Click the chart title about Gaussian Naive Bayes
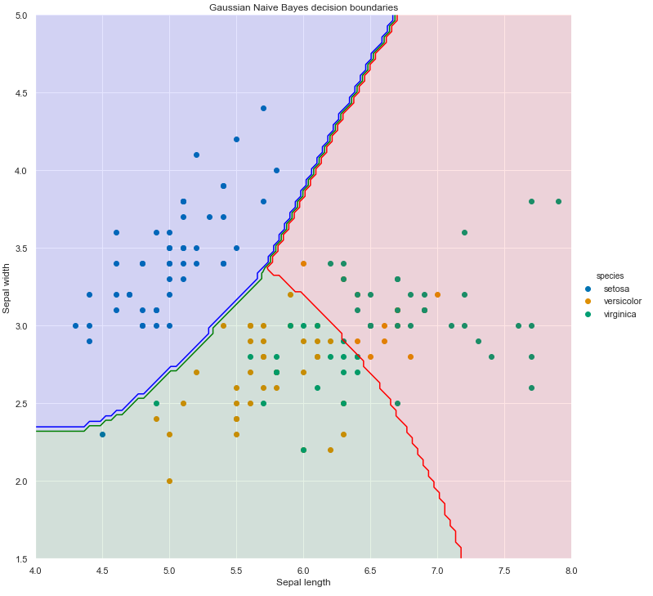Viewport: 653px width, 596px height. (x=303, y=7)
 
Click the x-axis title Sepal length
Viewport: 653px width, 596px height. (x=303, y=582)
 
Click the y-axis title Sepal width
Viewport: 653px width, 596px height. (x=7, y=288)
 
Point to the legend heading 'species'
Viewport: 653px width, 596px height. (x=611, y=276)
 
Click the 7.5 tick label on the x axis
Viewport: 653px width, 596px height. (x=504, y=570)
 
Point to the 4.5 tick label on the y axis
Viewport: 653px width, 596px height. (x=22, y=93)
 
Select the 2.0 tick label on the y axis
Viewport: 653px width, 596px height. (x=22, y=482)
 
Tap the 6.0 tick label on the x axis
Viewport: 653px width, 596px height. (x=303, y=570)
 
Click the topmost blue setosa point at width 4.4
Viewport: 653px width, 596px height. (x=263, y=108)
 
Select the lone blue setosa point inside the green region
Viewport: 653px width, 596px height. (x=102, y=434)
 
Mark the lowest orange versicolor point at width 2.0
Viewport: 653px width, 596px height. (x=169, y=481)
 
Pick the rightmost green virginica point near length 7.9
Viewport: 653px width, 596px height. (x=558, y=201)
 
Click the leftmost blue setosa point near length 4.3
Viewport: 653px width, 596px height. (x=76, y=325)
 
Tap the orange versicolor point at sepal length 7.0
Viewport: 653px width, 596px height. (x=437, y=294)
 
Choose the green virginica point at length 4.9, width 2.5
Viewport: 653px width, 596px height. (x=156, y=403)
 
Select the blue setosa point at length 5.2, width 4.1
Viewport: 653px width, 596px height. (x=196, y=155)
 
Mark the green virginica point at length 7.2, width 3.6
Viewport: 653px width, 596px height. (x=464, y=232)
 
